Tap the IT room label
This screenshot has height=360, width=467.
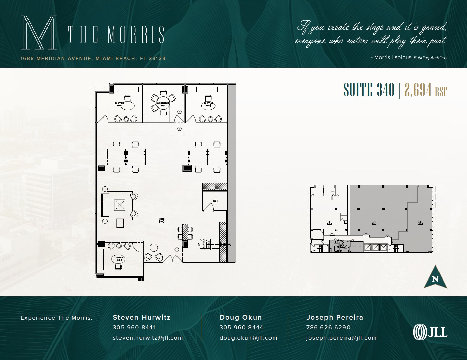215,200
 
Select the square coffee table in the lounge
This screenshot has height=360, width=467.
119,205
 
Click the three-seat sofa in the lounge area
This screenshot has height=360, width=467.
105,204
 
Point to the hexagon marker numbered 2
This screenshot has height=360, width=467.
179,129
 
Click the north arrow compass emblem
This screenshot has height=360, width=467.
435,277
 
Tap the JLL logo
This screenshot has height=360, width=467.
430,332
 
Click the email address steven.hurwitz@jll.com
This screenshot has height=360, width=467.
148,338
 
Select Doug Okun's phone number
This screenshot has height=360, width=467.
241,327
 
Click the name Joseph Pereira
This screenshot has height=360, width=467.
335,317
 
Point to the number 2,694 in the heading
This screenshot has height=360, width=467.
418,90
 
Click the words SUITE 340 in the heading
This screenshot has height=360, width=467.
369,90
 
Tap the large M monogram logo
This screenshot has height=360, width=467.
38,33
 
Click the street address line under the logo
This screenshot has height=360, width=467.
93,58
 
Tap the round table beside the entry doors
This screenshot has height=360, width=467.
154,247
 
